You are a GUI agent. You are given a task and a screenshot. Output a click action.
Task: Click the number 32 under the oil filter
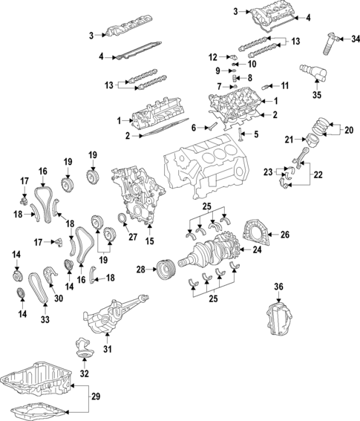[x=83, y=373]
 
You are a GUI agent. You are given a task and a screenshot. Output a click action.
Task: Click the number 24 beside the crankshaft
[x=258, y=250]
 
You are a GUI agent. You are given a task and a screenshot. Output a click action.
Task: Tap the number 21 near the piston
[x=290, y=139]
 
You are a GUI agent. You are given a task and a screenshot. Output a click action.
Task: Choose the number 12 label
[x=212, y=56]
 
